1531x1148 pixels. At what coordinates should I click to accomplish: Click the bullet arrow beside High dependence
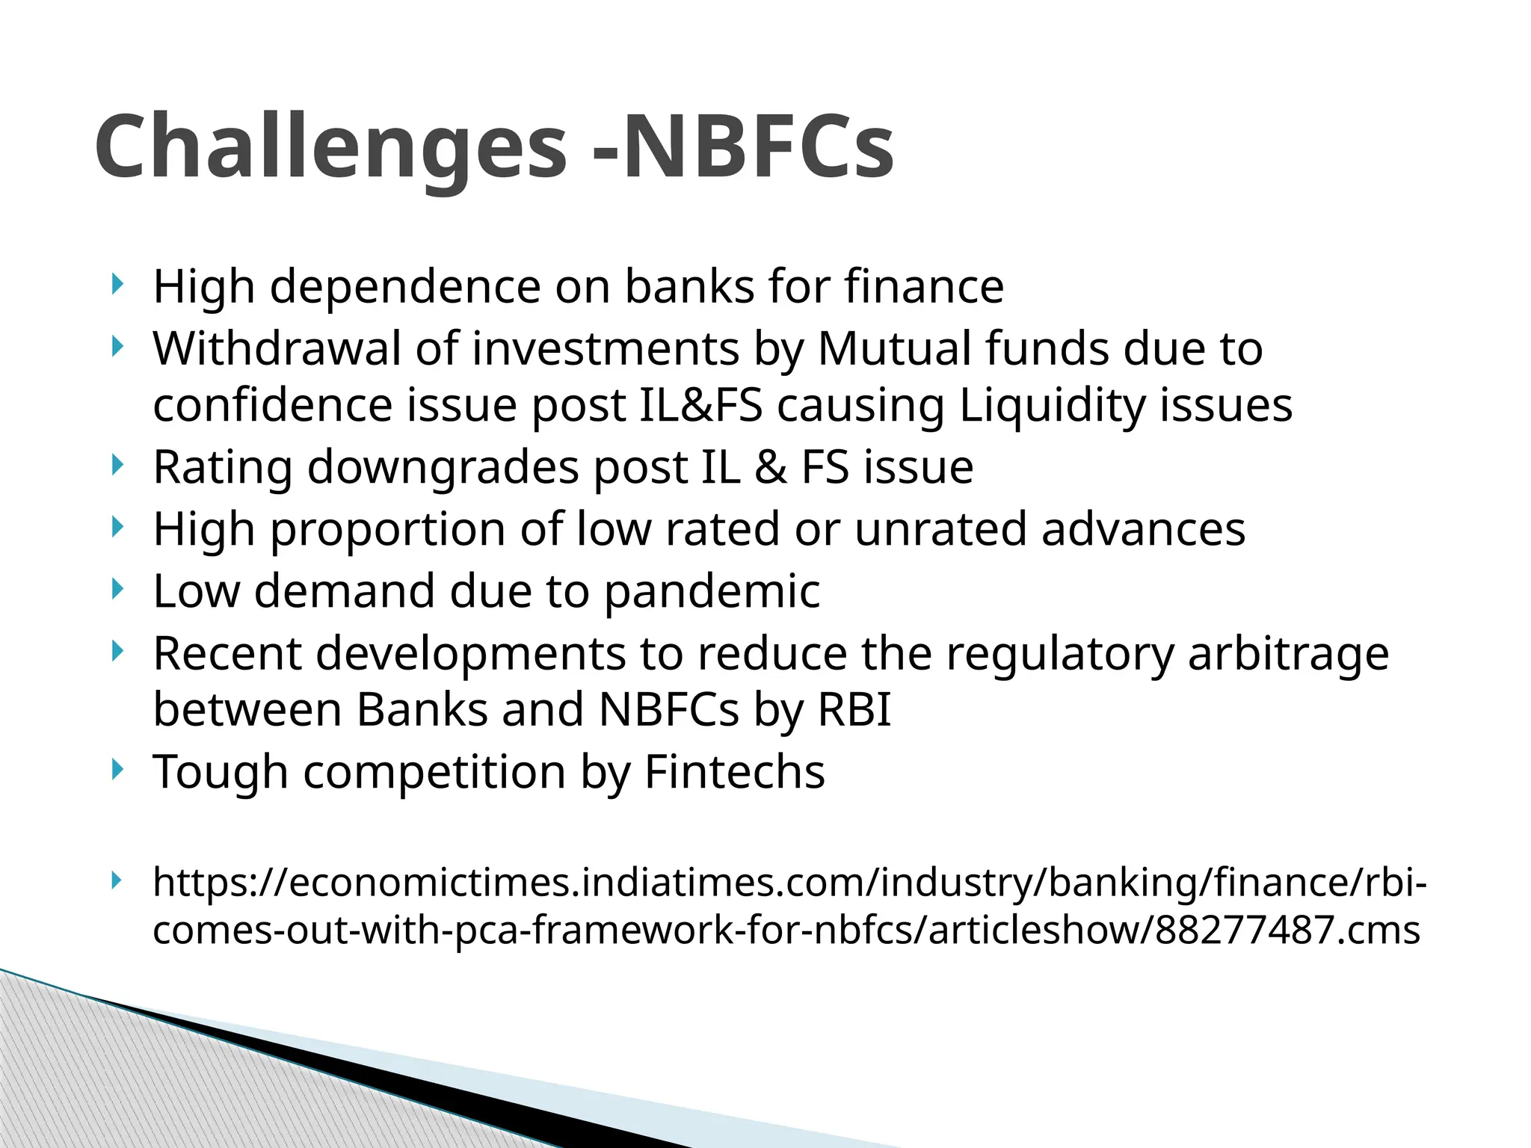coord(116,284)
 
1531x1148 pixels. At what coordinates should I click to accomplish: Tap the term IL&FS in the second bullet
coord(701,405)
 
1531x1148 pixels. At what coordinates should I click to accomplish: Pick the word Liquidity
coord(1052,407)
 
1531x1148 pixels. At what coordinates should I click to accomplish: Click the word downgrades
coord(443,468)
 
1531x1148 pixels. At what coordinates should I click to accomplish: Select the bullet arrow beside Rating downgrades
coord(116,465)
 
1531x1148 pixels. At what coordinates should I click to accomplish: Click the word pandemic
coord(712,592)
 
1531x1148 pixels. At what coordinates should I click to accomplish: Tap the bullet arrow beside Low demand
coord(116,589)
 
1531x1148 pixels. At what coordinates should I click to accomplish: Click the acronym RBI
coord(854,709)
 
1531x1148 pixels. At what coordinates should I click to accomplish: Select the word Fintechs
coord(734,771)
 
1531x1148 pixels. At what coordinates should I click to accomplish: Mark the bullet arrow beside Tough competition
coord(116,769)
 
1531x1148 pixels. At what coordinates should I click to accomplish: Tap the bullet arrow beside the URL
coord(116,880)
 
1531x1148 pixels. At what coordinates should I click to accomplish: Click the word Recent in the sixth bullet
coord(227,653)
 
